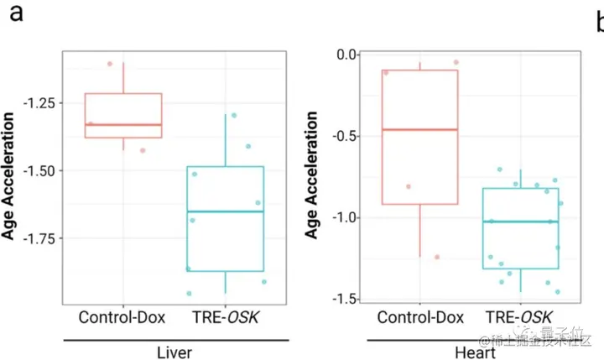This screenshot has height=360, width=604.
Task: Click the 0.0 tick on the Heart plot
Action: click(x=346, y=55)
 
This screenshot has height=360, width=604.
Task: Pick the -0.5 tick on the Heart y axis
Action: click(x=344, y=136)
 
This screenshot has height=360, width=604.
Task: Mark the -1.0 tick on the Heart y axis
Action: click(x=344, y=217)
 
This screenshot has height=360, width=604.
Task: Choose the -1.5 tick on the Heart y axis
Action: click(x=344, y=299)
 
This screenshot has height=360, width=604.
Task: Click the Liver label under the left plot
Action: click(x=177, y=351)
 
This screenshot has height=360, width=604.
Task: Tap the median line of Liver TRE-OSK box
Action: click(x=225, y=211)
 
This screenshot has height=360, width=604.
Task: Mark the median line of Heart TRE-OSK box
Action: click(x=521, y=222)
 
